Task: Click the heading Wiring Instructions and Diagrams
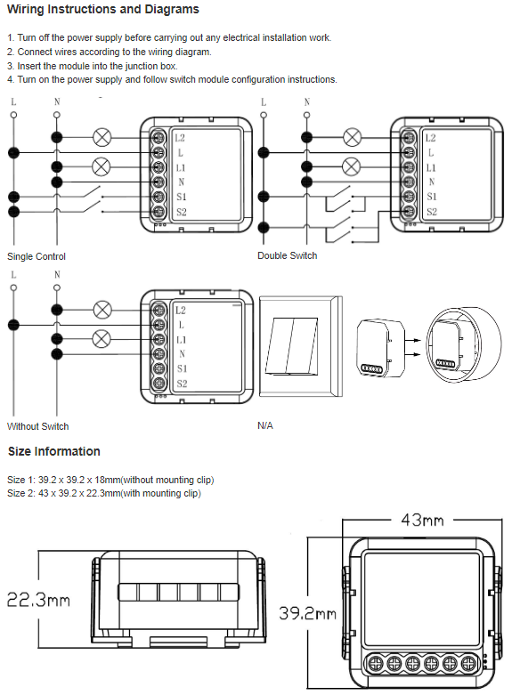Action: point(103,9)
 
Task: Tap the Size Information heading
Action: point(54,451)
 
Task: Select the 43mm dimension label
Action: point(422,520)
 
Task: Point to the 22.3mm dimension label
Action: point(38,600)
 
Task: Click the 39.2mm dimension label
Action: point(307,613)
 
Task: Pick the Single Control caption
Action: point(37,256)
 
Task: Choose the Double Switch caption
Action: point(288,255)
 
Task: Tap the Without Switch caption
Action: point(38,426)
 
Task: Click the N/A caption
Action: point(265,425)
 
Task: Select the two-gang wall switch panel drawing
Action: point(301,347)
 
